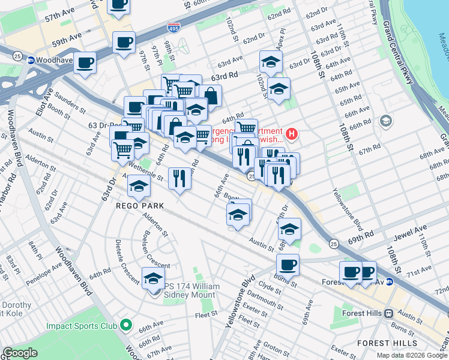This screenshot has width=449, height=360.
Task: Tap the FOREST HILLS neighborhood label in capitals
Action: [x=387, y=343]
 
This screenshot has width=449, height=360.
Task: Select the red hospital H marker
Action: [x=292, y=133]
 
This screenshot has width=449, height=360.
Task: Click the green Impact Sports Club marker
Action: [x=125, y=326]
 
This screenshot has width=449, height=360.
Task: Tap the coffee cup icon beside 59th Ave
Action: [x=124, y=43]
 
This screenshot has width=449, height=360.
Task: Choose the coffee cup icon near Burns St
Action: [x=288, y=265]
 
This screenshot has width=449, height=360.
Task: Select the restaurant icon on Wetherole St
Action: [x=179, y=178]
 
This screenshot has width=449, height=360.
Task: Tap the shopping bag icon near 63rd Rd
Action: [x=211, y=95]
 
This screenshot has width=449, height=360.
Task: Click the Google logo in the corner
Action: [x=20, y=353]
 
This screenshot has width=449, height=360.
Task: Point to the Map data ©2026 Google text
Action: [x=411, y=355]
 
